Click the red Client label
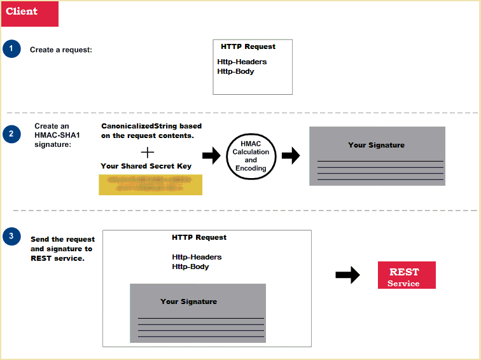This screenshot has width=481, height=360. (30, 13)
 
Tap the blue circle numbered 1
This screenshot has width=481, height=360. (11, 49)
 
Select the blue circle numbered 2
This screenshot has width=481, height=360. (11, 134)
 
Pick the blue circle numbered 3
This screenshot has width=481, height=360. (11, 237)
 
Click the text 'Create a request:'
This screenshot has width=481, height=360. (61, 50)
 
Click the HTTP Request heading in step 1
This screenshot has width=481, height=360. (248, 46)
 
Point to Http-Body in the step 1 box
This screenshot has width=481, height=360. (235, 71)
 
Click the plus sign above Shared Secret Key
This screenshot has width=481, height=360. (147, 152)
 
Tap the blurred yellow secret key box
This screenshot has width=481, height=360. (150, 183)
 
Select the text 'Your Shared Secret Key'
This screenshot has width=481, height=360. (146, 166)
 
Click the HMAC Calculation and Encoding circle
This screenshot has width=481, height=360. (251, 156)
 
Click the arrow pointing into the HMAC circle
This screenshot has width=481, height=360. (211, 156)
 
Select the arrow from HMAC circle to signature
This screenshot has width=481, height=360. (291, 156)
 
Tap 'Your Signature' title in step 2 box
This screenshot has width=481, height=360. (376, 145)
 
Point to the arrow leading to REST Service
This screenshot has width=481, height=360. (347, 275)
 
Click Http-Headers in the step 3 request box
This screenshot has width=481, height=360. (197, 257)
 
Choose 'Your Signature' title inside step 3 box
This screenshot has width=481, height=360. (188, 301)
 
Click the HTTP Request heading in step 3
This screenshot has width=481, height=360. (199, 237)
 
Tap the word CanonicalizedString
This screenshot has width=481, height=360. (131, 126)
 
